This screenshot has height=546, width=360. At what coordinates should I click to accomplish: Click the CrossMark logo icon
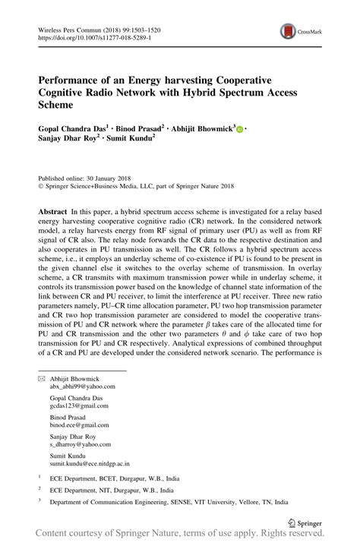(x=289, y=31)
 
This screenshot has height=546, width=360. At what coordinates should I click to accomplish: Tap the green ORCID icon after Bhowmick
(x=240, y=130)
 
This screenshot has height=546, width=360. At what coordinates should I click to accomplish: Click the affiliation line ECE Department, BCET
(x=115, y=479)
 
